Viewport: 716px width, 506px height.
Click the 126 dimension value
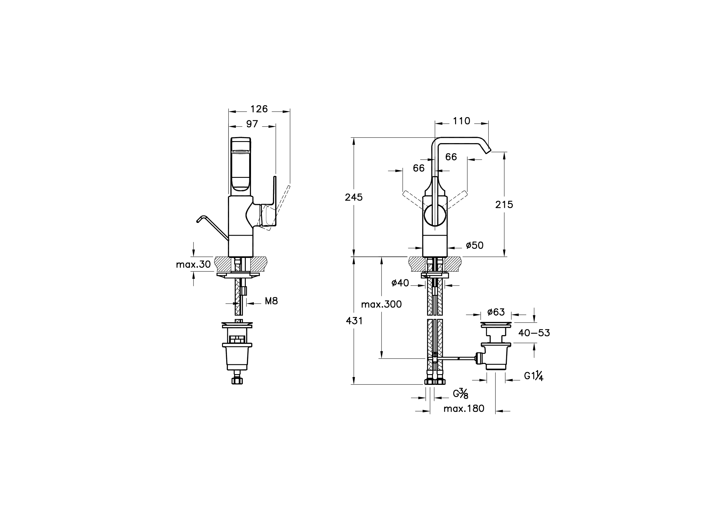coord(259,109)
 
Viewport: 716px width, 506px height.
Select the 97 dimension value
coord(252,124)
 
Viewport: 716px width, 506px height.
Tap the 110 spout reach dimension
coord(461,121)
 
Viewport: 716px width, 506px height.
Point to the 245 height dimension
coord(354,197)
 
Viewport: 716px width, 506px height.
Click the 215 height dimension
coord(504,204)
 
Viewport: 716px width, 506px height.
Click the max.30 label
coord(193,264)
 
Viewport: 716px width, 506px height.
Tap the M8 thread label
coord(271,301)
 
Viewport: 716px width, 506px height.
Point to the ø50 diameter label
coord(475,245)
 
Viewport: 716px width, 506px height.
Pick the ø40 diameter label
coord(400,283)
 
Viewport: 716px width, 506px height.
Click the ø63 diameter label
coord(496,312)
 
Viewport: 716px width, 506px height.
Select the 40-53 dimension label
coord(534,333)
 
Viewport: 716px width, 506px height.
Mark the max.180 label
coord(464,409)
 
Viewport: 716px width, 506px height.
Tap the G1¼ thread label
coord(533,376)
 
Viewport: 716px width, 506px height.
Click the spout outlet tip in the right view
coord(488,152)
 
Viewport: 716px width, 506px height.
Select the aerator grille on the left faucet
coord(240,152)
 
